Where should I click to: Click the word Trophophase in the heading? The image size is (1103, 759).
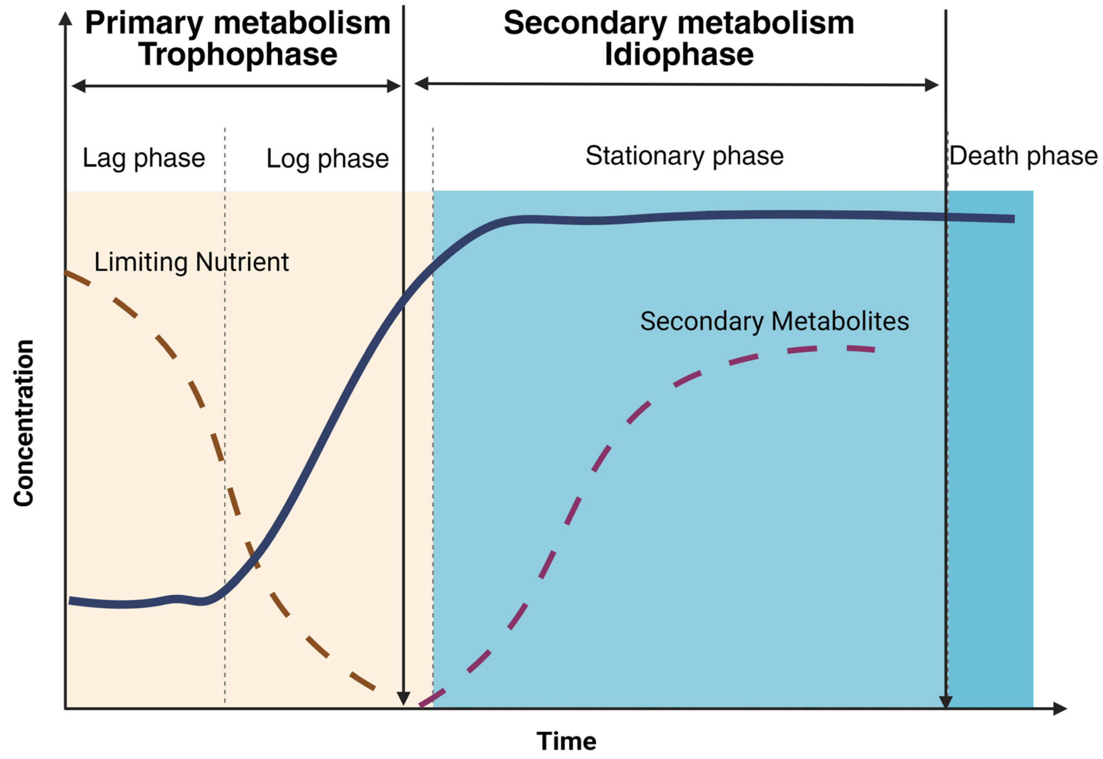tap(238, 54)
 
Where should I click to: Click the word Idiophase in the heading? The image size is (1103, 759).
tap(679, 54)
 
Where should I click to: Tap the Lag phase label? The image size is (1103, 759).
tap(144, 158)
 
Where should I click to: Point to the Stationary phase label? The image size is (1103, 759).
tap(684, 156)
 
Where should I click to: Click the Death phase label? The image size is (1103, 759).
tap(1023, 156)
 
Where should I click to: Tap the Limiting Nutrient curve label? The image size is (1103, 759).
tap(191, 262)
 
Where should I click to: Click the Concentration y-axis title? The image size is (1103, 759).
tap(24, 423)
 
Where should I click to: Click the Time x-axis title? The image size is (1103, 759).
tap(566, 741)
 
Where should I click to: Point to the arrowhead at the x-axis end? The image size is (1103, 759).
tap(1060, 708)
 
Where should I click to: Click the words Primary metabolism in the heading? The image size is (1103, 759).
tap(238, 23)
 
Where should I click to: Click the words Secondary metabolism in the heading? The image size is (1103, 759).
tap(679, 23)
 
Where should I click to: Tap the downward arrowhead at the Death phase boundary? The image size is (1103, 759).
tap(946, 702)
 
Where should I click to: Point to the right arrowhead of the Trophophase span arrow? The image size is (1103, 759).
tap(394, 86)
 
